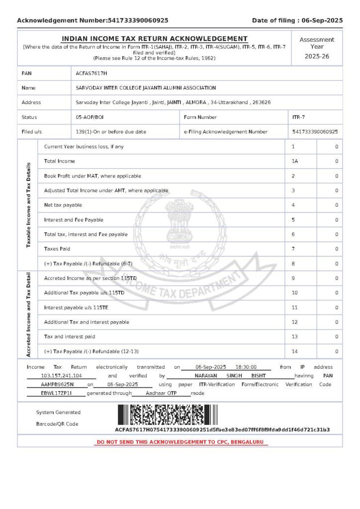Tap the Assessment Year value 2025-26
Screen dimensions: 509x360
[317, 56]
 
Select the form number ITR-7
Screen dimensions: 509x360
[298, 117]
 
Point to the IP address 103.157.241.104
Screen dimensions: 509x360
[61, 376]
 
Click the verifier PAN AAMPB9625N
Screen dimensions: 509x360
[57, 384]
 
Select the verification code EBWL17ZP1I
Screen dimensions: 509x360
[56, 393]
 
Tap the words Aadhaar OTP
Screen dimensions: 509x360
[161, 393]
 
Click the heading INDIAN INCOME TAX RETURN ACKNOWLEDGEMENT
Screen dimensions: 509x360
[154, 39]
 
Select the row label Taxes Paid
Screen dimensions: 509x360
[57, 249]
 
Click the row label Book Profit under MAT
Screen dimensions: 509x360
[92, 176]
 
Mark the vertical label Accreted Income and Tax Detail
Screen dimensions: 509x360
[28, 314]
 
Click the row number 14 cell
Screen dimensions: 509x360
[295, 351]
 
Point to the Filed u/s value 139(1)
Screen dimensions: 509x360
[111, 132]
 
